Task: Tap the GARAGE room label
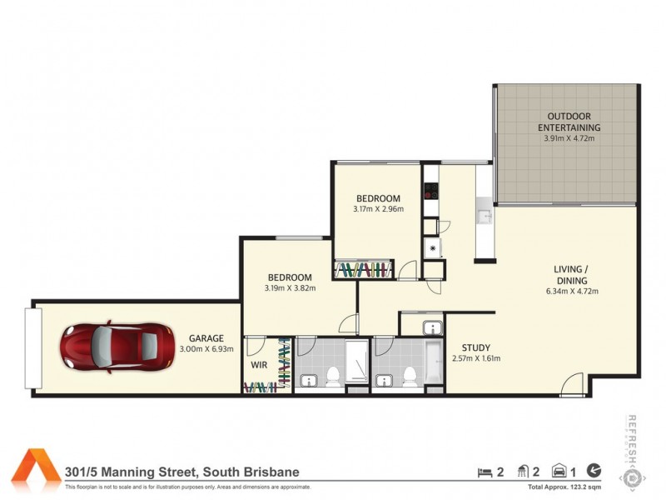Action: pyautogui.click(x=206, y=337)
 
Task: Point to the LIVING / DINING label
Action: pyautogui.click(x=572, y=274)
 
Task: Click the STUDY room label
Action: pyautogui.click(x=475, y=347)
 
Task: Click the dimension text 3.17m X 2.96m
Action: pyautogui.click(x=380, y=209)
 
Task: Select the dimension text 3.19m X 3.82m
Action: pyautogui.click(x=290, y=288)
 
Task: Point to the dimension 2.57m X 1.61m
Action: pyautogui.click(x=476, y=359)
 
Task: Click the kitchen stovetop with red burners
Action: pyautogui.click(x=430, y=192)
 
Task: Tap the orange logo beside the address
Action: pyautogui.click(x=36, y=467)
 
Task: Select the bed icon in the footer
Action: pyautogui.click(x=484, y=472)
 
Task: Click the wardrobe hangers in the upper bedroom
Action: pyautogui.click(x=363, y=269)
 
